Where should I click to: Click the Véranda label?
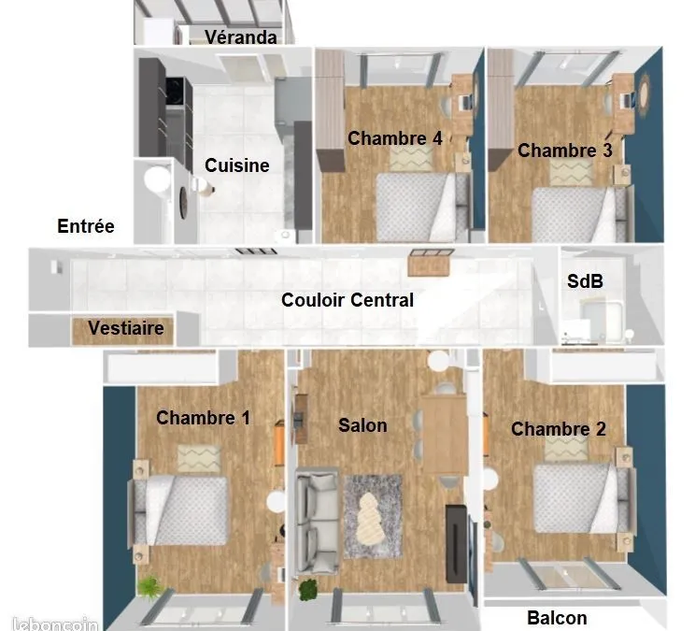coord(241,36)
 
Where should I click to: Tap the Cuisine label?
coord(237,165)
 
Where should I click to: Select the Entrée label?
coord(86,226)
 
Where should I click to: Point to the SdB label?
coord(585,281)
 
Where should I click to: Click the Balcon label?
coord(557,618)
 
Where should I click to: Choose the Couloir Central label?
coord(347,300)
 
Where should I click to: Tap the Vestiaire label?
coord(126,328)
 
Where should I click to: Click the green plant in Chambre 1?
coord(150,587)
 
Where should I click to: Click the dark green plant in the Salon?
coord(308,589)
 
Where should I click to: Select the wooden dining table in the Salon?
coord(444,435)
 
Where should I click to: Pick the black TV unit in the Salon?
coord(456,543)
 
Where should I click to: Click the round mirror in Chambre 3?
coord(644,95)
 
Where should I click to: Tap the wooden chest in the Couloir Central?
coord(430,263)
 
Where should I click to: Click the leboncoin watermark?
coord(55,624)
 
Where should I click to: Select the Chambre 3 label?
coord(565,151)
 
